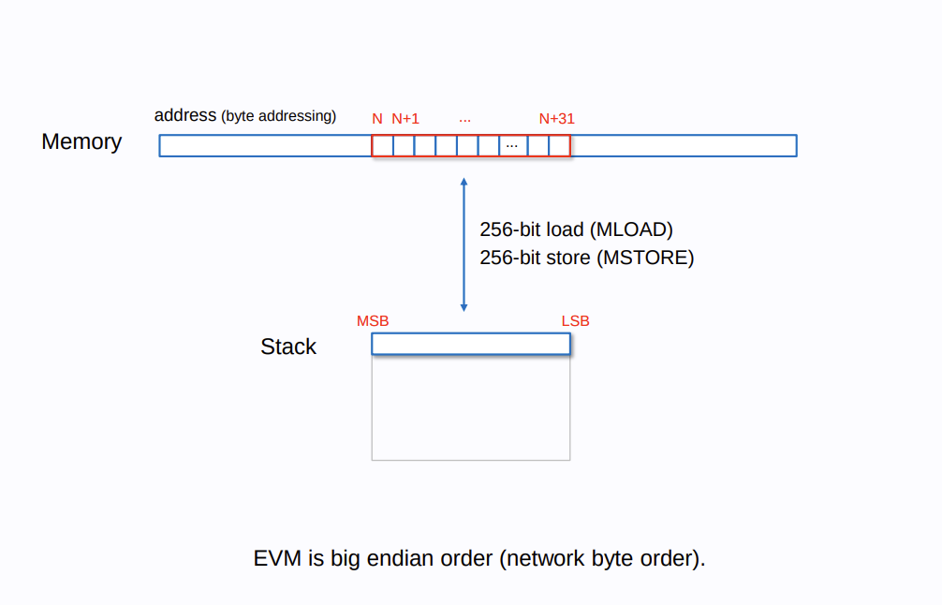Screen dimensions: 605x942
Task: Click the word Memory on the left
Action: pyautogui.click(x=81, y=141)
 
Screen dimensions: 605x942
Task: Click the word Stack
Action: pyautogui.click(x=287, y=347)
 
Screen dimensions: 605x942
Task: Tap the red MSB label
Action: pyautogui.click(x=372, y=321)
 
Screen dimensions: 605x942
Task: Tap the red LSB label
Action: pyautogui.click(x=575, y=321)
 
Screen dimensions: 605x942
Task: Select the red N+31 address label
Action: pyautogui.click(x=556, y=119)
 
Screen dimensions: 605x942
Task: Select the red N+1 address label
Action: pyautogui.click(x=405, y=119)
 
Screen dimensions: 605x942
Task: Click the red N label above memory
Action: pyautogui.click(x=377, y=119)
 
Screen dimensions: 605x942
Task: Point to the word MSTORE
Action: pyautogui.click(x=645, y=258)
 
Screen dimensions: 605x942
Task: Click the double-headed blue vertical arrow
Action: pyautogui.click(x=464, y=244)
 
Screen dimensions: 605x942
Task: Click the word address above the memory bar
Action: pyautogui.click(x=185, y=116)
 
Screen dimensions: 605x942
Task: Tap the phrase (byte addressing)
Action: pyautogui.click(x=278, y=116)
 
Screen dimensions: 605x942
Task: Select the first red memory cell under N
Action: pyautogui.click(x=382, y=146)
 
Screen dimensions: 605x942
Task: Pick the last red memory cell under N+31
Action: pyautogui.click(x=559, y=146)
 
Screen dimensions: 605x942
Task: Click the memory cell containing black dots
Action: pyautogui.click(x=512, y=146)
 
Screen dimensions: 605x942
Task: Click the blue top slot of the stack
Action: pyautogui.click(x=470, y=344)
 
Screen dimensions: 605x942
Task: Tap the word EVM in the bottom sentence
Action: pyautogui.click(x=278, y=559)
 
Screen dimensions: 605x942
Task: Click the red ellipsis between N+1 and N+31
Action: pyautogui.click(x=465, y=120)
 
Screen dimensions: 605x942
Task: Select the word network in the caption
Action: pyautogui.click(x=545, y=559)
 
